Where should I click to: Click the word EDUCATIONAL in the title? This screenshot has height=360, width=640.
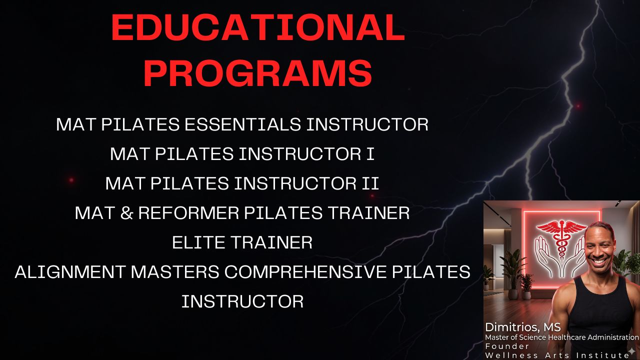[258, 27]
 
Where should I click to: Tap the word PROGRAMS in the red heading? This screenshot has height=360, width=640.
[258, 72]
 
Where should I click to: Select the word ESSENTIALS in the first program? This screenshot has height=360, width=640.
[242, 124]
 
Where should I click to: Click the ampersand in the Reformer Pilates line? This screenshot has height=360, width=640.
[126, 213]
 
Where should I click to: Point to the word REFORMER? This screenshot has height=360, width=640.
[188, 213]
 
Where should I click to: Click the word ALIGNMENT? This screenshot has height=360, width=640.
[70, 271]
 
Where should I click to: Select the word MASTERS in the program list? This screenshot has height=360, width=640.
[175, 271]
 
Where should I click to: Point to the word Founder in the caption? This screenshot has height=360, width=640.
[507, 346]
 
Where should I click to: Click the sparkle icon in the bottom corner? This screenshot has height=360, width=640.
[632, 351]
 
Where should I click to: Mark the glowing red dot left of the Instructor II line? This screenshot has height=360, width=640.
[71, 180]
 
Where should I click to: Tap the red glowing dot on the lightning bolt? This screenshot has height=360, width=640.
[577, 106]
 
